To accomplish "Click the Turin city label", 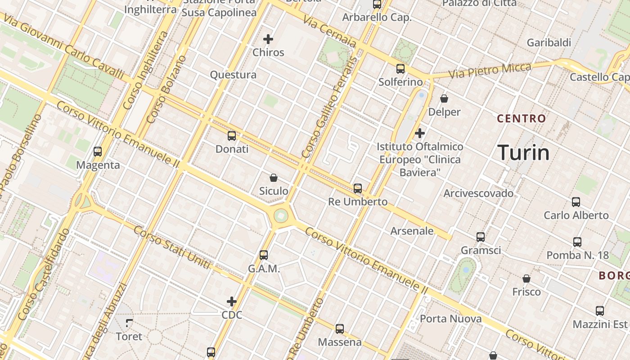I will pyautogui.click(x=523, y=153).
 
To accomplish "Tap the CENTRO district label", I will pyautogui.click(x=521, y=119).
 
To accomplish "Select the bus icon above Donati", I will pyautogui.click(x=232, y=136).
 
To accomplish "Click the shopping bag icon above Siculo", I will pyautogui.click(x=273, y=178).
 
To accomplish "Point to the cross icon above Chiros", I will pyautogui.click(x=268, y=39).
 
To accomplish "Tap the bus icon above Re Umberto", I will pyautogui.click(x=358, y=188).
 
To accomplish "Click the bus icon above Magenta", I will pyautogui.click(x=98, y=152).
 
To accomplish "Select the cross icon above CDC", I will pyautogui.click(x=232, y=301).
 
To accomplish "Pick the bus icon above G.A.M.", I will pyautogui.click(x=264, y=255).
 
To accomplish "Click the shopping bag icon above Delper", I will pyautogui.click(x=444, y=98).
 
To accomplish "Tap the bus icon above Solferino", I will pyautogui.click(x=400, y=69).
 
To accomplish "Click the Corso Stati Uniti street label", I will pyautogui.click(x=172, y=248).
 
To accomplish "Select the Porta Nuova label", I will pyautogui.click(x=450, y=319).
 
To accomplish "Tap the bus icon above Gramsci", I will pyautogui.click(x=481, y=237).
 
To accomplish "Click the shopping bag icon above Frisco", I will pyautogui.click(x=526, y=279).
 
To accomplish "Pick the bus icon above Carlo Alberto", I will pyautogui.click(x=576, y=202).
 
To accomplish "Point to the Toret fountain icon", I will pyautogui.click(x=129, y=323).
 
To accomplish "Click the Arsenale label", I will pyautogui.click(x=412, y=231).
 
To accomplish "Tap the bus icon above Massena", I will pyautogui.click(x=340, y=329).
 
